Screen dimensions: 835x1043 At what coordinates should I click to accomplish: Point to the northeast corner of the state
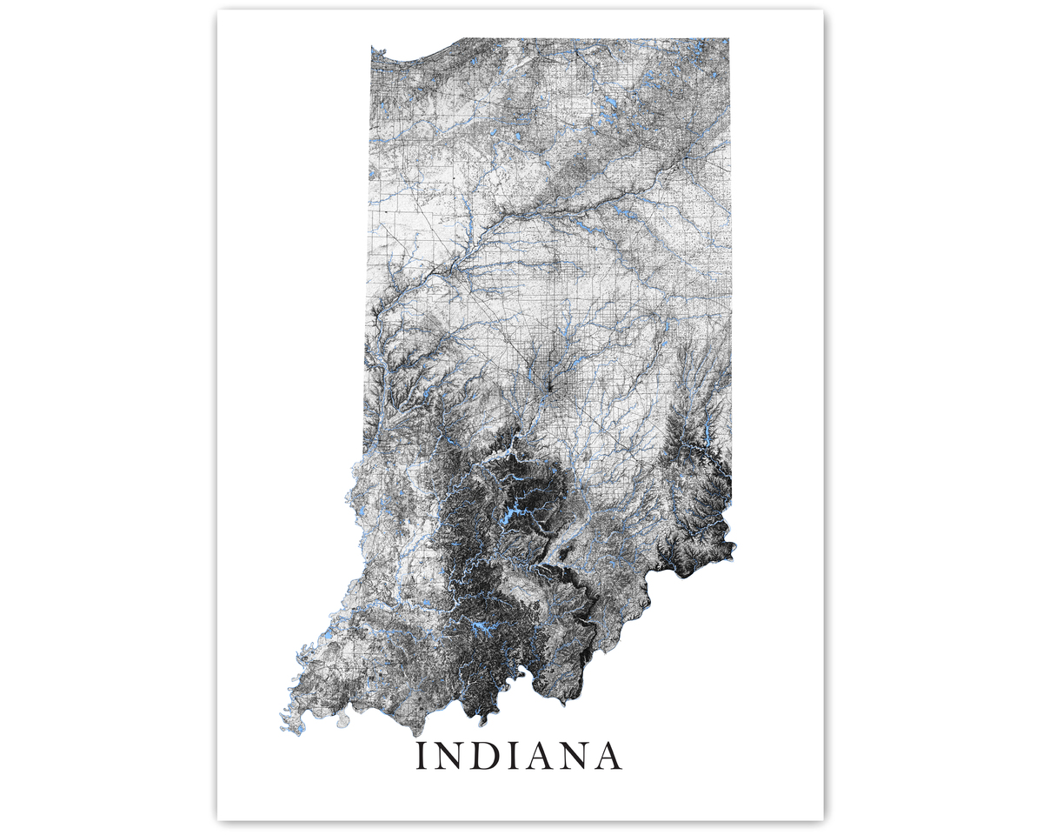pyautogui.click(x=727, y=40)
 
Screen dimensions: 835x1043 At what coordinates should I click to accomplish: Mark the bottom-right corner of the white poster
pyautogui.click(x=821, y=818)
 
